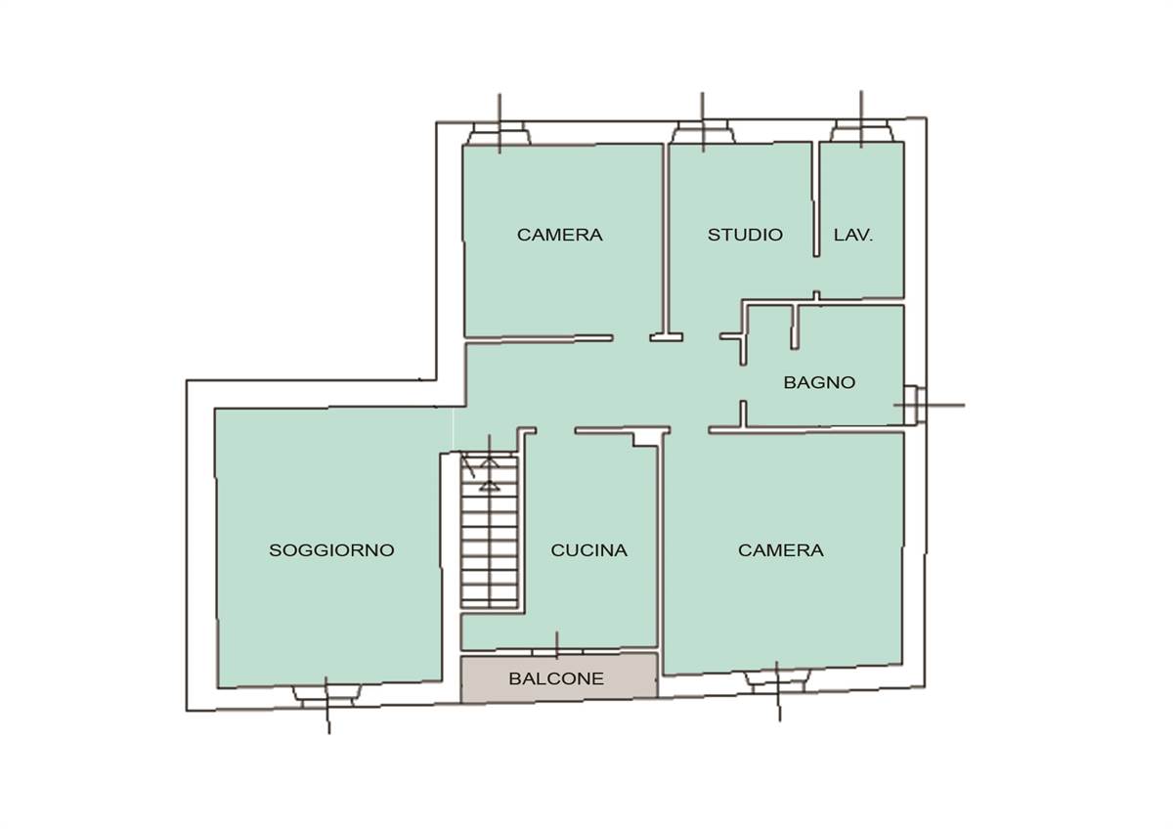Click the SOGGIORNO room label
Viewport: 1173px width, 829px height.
point(331,549)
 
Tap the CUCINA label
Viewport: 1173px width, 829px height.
point(589,549)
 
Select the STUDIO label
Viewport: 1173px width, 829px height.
point(745,235)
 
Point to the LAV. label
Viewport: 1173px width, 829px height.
point(853,235)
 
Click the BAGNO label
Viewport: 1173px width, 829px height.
point(819,382)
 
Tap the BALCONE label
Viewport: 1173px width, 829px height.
point(556,678)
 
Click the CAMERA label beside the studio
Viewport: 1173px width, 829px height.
point(560,235)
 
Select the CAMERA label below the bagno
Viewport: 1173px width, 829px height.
point(781,549)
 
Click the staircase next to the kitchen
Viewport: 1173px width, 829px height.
point(489,532)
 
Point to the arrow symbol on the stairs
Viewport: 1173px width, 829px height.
point(489,474)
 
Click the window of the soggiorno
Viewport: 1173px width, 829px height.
point(326,696)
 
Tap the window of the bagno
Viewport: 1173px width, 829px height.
point(914,405)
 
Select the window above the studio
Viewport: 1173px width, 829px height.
point(703,132)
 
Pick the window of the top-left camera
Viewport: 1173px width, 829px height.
point(500,133)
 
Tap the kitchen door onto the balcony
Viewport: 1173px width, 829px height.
point(557,652)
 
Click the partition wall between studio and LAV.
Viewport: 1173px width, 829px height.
point(816,199)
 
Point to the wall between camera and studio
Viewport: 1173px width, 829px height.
point(666,241)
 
